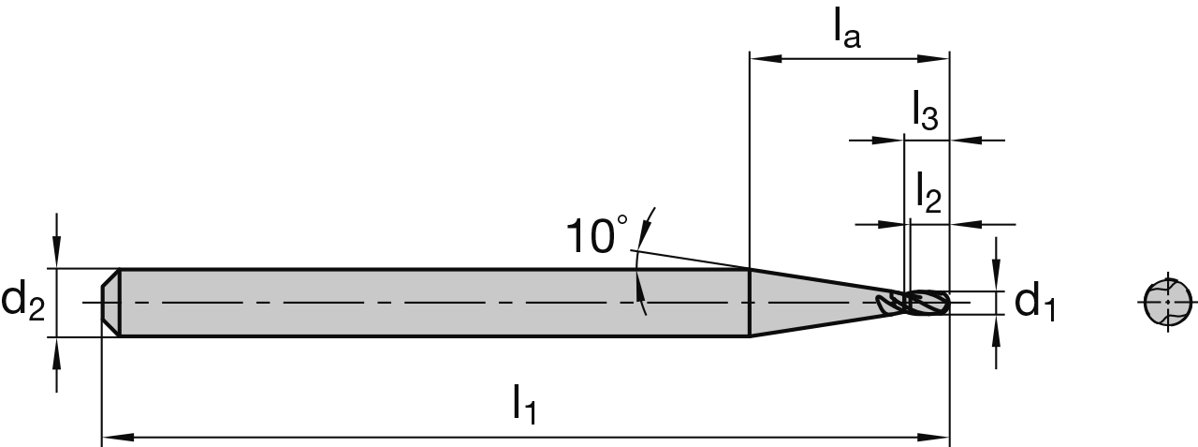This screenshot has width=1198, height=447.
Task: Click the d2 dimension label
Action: click(23, 302)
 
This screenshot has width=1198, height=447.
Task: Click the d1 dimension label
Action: click(1035, 302)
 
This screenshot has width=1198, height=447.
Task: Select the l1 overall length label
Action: click(524, 405)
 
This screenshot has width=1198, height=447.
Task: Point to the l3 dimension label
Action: click(925, 112)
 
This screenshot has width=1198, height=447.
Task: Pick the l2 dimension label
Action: click(928, 192)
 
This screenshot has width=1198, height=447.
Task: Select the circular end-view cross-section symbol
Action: click(1168, 302)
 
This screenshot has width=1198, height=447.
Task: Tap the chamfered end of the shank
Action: click(110, 302)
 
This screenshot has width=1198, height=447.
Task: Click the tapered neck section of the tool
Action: click(814, 302)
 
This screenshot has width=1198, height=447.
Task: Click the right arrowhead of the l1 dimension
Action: click(937, 437)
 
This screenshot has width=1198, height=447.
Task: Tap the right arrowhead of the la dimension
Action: click(937, 59)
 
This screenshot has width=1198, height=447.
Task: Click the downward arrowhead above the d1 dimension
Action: click(998, 278)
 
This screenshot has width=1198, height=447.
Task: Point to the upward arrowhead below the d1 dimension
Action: click(998, 327)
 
